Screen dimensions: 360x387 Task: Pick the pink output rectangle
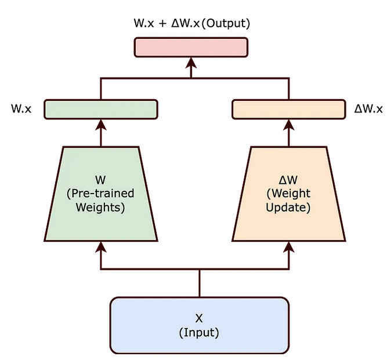(x=191, y=47)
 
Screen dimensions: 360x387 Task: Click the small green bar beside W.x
(x=101, y=109)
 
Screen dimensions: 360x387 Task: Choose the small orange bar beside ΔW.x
(x=289, y=109)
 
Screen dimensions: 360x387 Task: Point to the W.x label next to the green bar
(x=21, y=109)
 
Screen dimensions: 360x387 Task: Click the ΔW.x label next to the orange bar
(x=368, y=109)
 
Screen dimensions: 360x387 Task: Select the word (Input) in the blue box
(x=199, y=333)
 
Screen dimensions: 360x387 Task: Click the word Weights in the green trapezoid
(x=101, y=206)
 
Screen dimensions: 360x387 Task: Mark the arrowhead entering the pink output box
(x=191, y=62)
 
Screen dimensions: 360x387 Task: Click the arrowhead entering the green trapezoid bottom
(x=101, y=246)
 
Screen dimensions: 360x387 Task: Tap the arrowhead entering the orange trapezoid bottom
(x=289, y=246)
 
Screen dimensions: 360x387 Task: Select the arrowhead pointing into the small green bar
(x=101, y=123)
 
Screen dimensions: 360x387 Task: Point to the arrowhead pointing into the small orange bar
(x=289, y=123)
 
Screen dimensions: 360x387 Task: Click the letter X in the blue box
(x=199, y=318)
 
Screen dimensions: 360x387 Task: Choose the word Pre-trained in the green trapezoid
(x=101, y=193)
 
